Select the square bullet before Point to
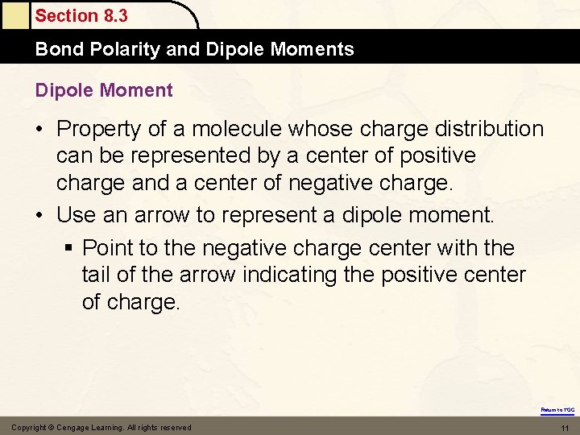(x=72, y=248)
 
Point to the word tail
(x=97, y=275)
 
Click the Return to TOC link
(x=557, y=410)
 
